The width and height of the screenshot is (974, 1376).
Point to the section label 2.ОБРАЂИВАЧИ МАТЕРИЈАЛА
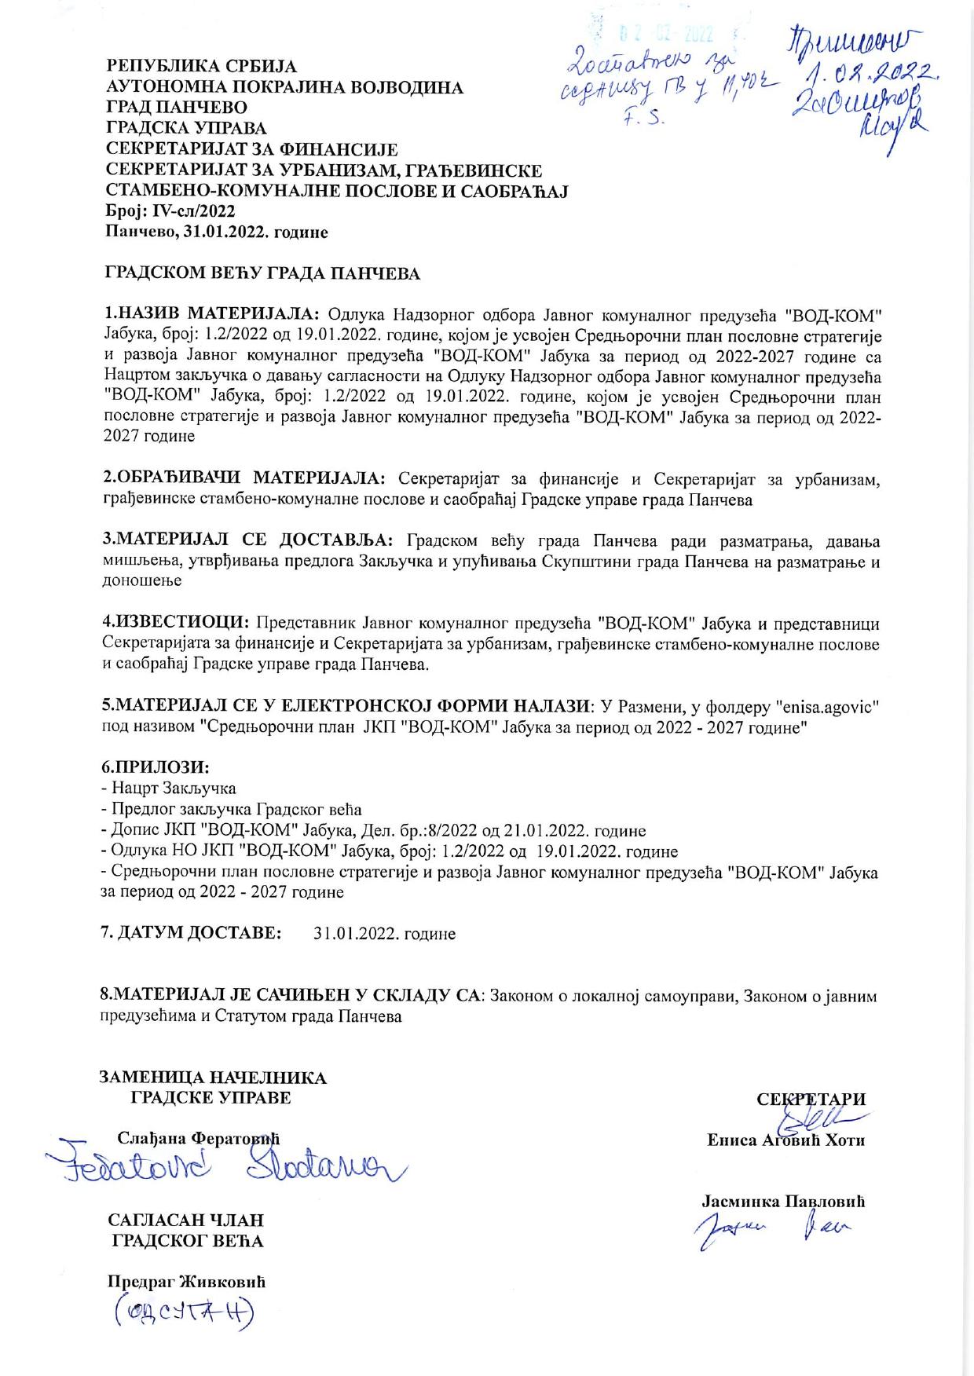click(244, 478)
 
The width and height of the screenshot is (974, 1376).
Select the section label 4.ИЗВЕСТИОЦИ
click(176, 624)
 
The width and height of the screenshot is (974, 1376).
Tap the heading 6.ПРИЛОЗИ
click(156, 767)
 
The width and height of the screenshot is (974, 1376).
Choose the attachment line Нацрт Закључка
click(169, 788)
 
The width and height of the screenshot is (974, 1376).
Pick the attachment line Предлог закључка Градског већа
click(232, 809)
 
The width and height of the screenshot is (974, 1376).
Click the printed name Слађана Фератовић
click(199, 1139)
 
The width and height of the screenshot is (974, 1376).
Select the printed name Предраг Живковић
click(187, 1282)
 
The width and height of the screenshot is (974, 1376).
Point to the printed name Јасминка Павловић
click(782, 1201)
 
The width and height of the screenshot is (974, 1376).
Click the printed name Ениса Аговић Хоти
click(785, 1140)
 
